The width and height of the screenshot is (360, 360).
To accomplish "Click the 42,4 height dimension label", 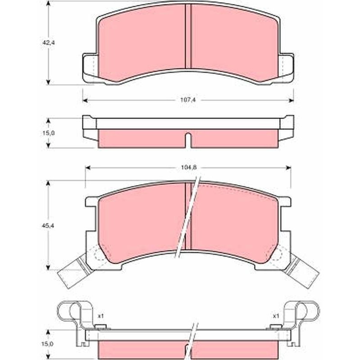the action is pos(48,42).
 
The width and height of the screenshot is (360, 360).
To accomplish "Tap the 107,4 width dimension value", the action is pos(188,100).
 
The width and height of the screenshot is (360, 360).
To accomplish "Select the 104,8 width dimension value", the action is pos(189,167).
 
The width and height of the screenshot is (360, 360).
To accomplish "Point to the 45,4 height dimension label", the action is pos(48,226).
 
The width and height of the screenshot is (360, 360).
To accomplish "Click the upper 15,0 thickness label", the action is pos(49,133).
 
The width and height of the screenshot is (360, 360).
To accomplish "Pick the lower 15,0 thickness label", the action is pos(48,344).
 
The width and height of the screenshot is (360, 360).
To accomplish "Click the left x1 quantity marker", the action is pos(101,316).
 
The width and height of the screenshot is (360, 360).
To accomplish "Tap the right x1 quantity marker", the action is pos(276,316).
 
